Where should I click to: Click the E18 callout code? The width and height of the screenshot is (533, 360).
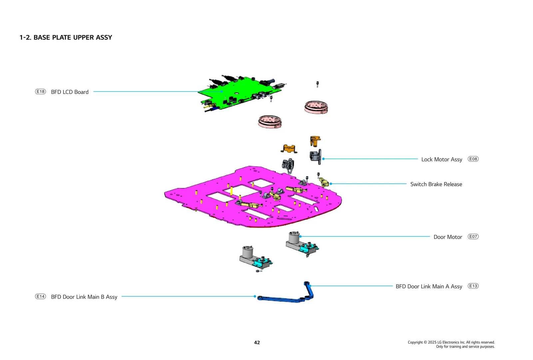coord(40,92)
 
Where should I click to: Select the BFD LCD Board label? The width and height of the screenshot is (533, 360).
coord(70,92)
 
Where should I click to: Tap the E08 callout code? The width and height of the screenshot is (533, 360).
coord(473,159)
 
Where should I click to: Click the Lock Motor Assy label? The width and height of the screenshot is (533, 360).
coord(441,160)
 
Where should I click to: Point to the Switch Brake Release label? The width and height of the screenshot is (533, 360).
coord(436,184)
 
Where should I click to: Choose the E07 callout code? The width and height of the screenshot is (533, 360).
coord(473,237)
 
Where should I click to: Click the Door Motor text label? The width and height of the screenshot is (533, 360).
coord(448,237)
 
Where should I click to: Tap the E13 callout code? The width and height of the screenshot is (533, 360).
coord(473,286)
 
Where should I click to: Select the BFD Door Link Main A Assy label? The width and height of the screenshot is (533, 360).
coord(429,287)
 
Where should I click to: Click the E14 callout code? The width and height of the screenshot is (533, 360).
coord(40,296)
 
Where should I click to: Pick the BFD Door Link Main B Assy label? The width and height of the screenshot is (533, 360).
coord(84,297)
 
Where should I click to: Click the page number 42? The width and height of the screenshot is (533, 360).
coord(257,343)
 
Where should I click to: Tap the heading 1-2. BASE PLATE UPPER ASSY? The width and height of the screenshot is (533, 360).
coord(66,38)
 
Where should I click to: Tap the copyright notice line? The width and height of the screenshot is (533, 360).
coord(451,342)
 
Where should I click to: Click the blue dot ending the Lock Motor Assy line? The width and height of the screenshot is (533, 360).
coord(323,159)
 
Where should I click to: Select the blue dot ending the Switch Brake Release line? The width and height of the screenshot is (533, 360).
coord(331,184)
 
